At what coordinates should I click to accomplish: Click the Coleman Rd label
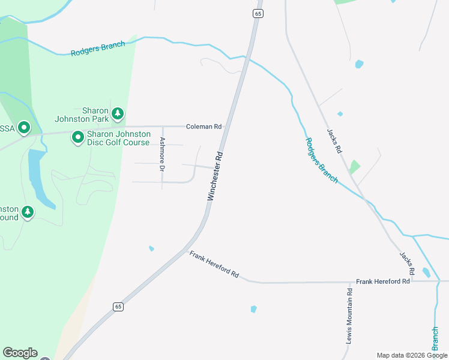click(x=204, y=127)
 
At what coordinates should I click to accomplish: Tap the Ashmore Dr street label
click(x=162, y=155)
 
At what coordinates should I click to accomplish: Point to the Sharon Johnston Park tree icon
click(x=118, y=112)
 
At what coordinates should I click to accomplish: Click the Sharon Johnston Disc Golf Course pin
click(x=78, y=138)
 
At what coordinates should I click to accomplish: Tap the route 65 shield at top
click(x=258, y=13)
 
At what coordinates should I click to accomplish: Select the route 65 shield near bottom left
click(x=118, y=307)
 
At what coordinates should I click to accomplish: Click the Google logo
click(x=20, y=353)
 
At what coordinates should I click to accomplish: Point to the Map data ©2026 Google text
click(x=412, y=355)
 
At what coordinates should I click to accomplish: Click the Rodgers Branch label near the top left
click(x=98, y=49)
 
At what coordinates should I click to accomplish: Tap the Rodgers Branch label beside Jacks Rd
click(x=321, y=161)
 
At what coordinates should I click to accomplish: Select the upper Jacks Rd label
click(x=334, y=140)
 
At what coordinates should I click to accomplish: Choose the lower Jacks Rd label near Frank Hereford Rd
click(x=408, y=263)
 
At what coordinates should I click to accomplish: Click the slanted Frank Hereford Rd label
click(x=214, y=265)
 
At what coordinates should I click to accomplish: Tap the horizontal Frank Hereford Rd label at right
click(x=383, y=281)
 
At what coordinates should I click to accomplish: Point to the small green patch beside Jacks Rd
click(x=355, y=166)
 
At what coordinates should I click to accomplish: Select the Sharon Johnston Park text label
click(x=82, y=115)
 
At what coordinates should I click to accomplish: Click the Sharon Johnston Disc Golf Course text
click(x=118, y=138)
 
